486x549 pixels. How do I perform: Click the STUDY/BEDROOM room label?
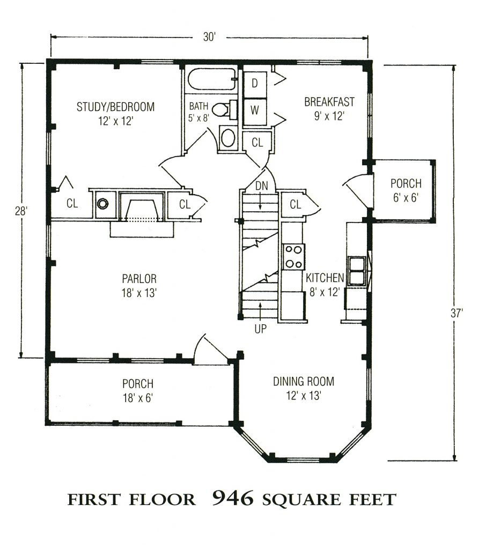(115, 107)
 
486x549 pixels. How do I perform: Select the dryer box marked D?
(255, 83)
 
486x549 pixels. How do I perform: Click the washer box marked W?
(255, 111)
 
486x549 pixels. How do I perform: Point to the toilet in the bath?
(221, 110)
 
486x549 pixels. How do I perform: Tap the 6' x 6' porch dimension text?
(405, 197)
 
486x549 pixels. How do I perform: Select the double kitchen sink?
(356, 271)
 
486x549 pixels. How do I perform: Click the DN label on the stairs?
(261, 186)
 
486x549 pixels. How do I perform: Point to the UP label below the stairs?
(260, 329)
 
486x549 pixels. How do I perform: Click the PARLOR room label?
(138, 279)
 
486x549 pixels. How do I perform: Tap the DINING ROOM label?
(303, 382)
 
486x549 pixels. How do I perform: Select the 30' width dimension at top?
(209, 37)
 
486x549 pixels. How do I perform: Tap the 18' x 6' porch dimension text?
(138, 397)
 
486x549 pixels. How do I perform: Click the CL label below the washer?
(257, 143)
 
